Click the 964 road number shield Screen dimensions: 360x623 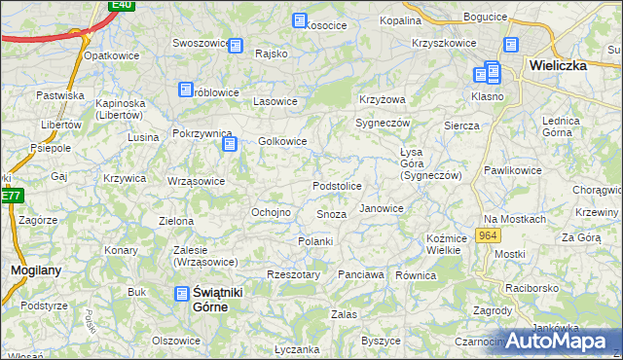click(x=489, y=236)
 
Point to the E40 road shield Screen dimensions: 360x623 click(x=121, y=5)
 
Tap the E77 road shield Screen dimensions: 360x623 click(x=10, y=196)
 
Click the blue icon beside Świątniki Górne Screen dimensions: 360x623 click(x=182, y=292)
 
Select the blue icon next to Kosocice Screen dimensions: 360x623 click(x=299, y=20)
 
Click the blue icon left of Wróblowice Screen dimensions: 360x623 click(x=185, y=90)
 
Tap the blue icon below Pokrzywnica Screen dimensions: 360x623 click(x=230, y=144)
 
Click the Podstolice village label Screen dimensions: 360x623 click(x=337, y=186)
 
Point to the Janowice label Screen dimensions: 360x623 click(x=382, y=208)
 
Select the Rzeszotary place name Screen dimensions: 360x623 click(x=293, y=275)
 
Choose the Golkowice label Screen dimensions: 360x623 click(x=283, y=142)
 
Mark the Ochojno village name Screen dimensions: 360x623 click(x=272, y=212)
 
